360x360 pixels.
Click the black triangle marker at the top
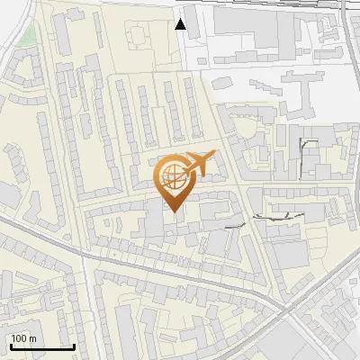click(x=181, y=24)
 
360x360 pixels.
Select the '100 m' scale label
click(x=23, y=338)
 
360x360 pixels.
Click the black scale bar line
click(x=41, y=346)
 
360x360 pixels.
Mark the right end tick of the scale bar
click(x=74, y=345)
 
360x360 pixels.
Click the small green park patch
click(x=30, y=36)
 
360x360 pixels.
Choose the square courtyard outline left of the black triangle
click(x=138, y=35)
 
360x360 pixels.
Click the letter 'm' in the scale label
click(x=32, y=338)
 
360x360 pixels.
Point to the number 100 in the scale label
click(x=19, y=338)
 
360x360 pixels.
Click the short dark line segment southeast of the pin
click(x=236, y=225)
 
